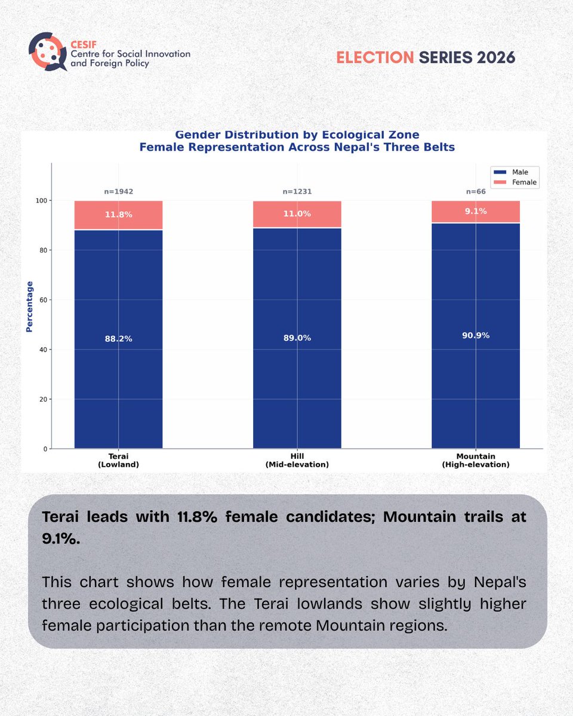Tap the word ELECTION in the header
(375, 57)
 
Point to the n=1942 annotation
(118, 192)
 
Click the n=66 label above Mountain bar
(476, 192)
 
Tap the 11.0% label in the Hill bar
(297, 214)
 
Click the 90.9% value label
(476, 335)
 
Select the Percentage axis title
(29, 307)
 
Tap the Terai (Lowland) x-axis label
(118, 459)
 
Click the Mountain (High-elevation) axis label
(476, 459)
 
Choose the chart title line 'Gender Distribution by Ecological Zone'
(297, 135)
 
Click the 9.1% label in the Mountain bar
(476, 211)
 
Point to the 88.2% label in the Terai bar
(118, 338)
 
